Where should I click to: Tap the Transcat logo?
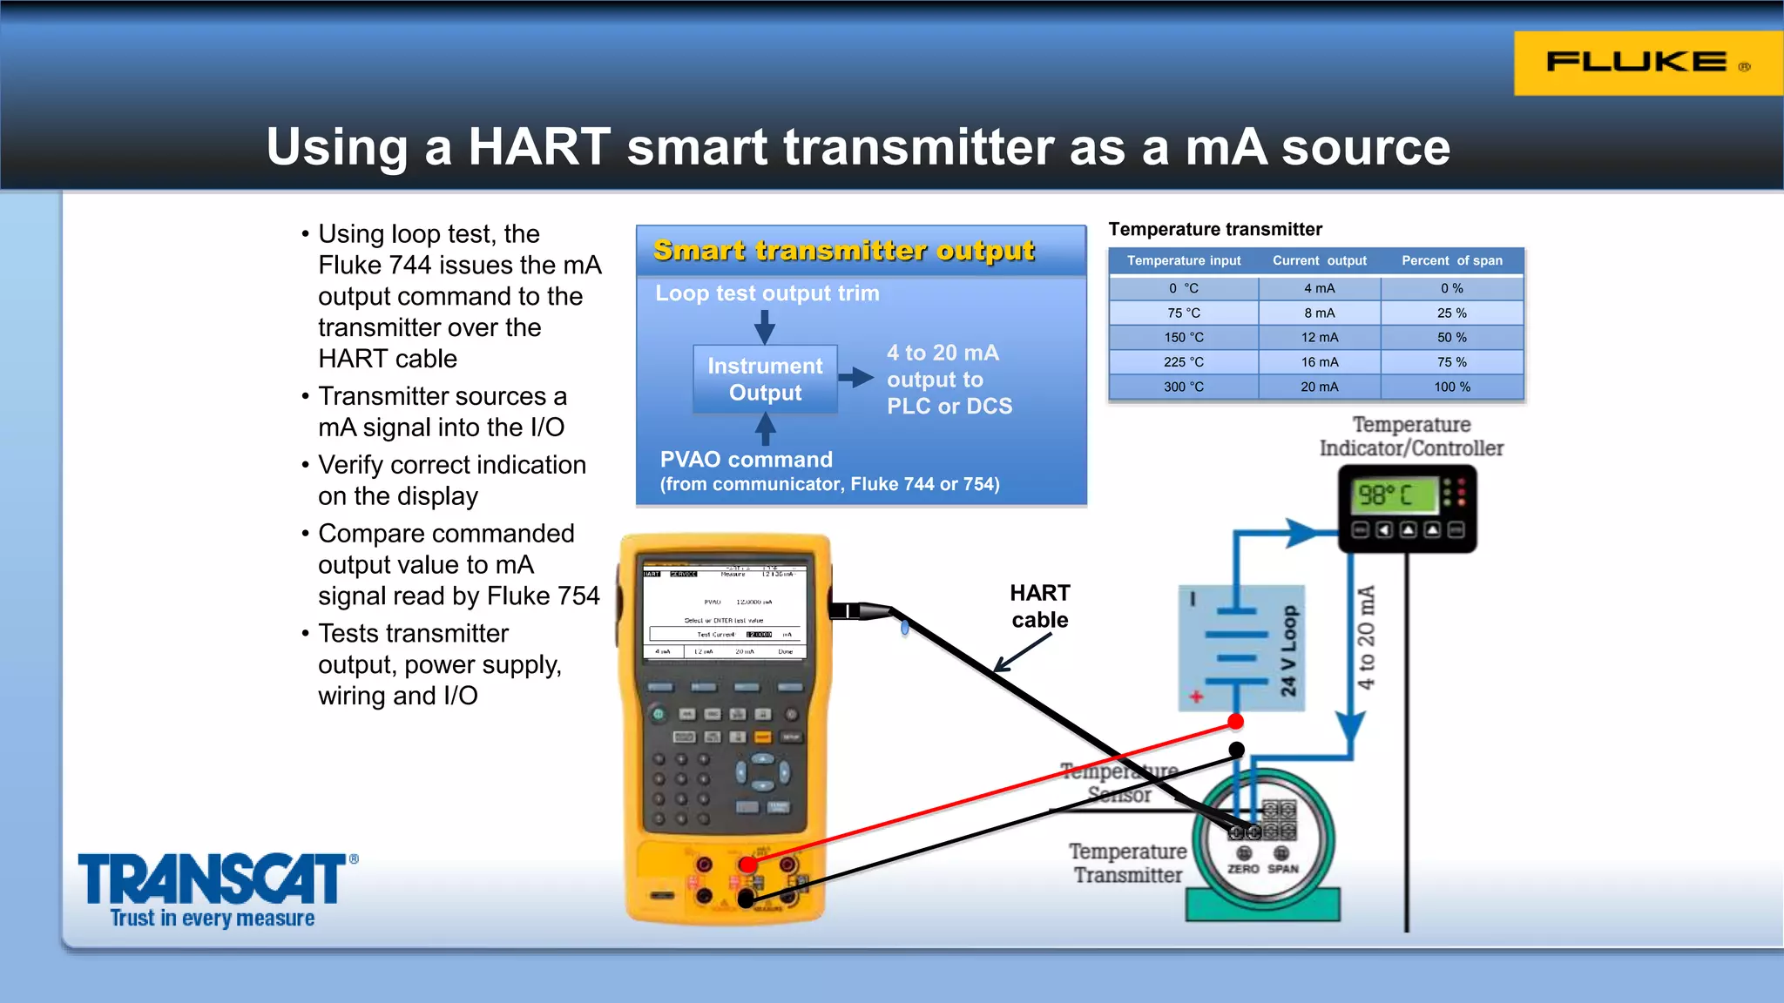tap(213, 880)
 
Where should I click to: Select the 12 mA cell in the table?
tap(1319, 338)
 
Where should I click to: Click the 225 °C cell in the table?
tap(1183, 362)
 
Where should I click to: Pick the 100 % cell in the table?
tap(1451, 387)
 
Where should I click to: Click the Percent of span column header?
tap(1451, 260)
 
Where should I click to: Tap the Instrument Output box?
tap(765, 380)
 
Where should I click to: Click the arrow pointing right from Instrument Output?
tap(856, 377)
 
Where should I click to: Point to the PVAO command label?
tap(746, 460)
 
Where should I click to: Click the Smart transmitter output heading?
tap(843, 251)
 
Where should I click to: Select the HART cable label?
tap(1039, 606)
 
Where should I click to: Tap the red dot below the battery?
tap(1235, 722)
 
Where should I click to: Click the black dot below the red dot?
tap(1236, 749)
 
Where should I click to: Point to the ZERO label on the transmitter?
tap(1243, 869)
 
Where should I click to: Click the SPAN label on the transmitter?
tap(1282, 869)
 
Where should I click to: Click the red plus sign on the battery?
tap(1196, 697)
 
